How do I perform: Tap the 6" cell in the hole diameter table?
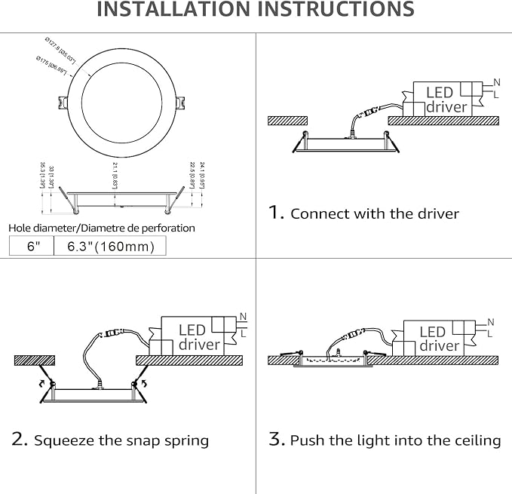pyautogui.click(x=31, y=247)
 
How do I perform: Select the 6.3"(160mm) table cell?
pyautogui.click(x=110, y=247)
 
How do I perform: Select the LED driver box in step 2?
pyautogui.click(x=198, y=337)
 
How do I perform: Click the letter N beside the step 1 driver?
pyautogui.click(x=495, y=81)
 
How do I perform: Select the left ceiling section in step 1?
pyautogui.click(x=288, y=120)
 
